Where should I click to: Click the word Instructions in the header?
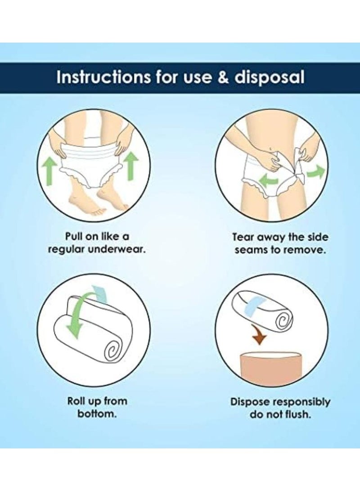tap(103, 78)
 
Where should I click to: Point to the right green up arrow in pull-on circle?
tap(130, 167)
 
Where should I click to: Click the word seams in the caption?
tap(252, 251)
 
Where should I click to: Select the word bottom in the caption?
tap(97, 414)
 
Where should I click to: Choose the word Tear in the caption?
tap(243, 237)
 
